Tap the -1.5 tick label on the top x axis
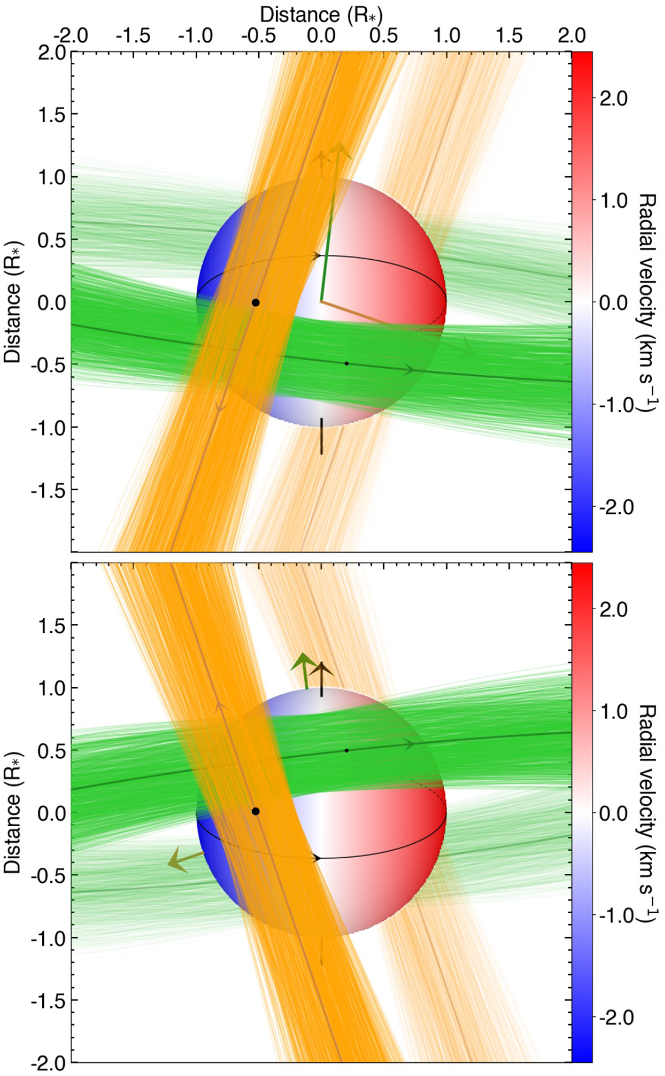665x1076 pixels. pyautogui.click(x=133, y=36)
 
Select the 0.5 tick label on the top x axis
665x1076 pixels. pyautogui.click(x=383, y=36)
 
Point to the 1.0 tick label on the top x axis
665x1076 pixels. pyautogui.click(x=446, y=36)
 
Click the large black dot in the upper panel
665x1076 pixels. pyautogui.click(x=255, y=302)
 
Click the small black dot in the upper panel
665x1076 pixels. pyautogui.click(x=347, y=363)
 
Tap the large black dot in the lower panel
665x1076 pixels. pyautogui.click(x=255, y=811)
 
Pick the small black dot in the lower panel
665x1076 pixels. pyautogui.click(x=347, y=750)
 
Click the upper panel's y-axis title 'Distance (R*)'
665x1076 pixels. pyautogui.click(x=12, y=302)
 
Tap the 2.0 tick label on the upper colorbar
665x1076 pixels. pyautogui.click(x=613, y=99)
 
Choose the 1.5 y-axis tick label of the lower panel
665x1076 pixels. pyautogui.click(x=49, y=625)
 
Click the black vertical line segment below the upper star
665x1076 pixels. pyautogui.click(x=321, y=436)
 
